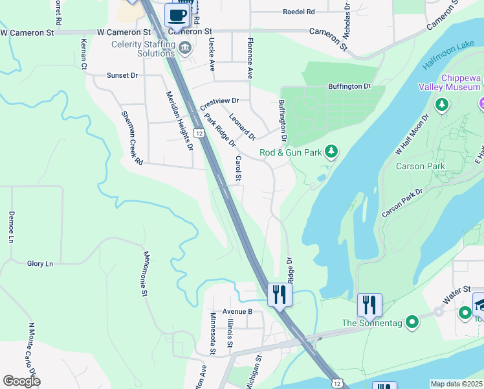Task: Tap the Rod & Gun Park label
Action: tap(291, 153)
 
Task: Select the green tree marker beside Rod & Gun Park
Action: tap(331, 152)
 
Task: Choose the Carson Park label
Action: tap(420, 167)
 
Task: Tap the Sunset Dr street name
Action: tap(122, 75)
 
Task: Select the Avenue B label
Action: tap(237, 311)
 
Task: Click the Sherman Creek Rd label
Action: tap(131, 137)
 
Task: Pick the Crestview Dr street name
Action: tap(219, 103)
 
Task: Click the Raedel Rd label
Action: tap(298, 12)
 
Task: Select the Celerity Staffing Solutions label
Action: tap(143, 49)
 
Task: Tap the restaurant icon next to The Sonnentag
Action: tap(369, 305)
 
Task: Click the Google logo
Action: tap(21, 381)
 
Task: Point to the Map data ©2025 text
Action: tap(456, 384)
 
